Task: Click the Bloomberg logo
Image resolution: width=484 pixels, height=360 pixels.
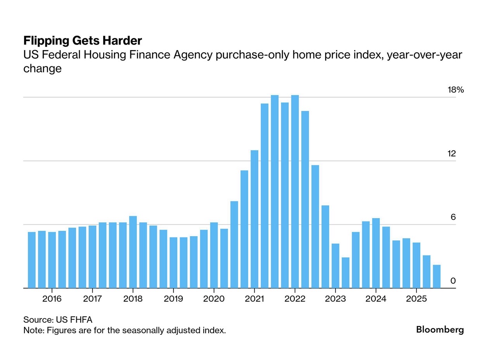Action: (440, 330)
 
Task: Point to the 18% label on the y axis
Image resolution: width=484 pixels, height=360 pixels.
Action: (456, 90)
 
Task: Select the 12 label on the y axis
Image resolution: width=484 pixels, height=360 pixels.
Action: (452, 154)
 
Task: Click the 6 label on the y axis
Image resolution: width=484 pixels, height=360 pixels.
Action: (453, 217)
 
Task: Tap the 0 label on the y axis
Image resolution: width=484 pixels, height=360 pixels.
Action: (453, 281)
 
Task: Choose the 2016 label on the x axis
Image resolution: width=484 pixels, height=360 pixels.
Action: (52, 299)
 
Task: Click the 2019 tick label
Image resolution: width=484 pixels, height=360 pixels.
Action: (173, 299)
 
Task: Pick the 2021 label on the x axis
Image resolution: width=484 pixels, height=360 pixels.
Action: (254, 299)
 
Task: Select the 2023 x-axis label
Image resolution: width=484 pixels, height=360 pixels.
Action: (335, 299)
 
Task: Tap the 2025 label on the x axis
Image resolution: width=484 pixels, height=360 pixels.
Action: (416, 299)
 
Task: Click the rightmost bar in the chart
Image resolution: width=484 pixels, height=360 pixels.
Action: (437, 277)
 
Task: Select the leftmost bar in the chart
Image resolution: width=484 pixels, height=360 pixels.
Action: (32, 260)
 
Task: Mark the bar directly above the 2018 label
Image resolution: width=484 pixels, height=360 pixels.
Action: (133, 252)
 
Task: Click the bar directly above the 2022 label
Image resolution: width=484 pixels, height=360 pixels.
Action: (295, 192)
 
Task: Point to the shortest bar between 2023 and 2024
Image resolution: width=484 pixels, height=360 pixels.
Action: (346, 273)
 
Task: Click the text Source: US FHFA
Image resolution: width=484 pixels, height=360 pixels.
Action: (58, 320)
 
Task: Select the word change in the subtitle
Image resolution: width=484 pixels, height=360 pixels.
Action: (42, 69)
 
